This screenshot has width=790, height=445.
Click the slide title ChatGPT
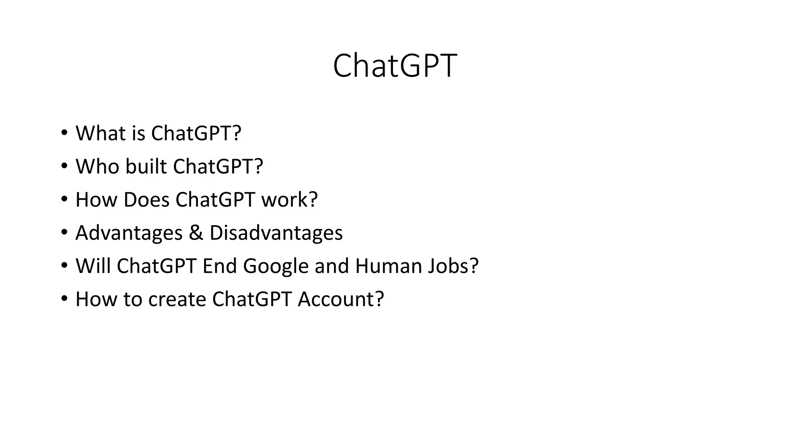click(395, 66)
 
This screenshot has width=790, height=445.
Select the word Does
click(147, 200)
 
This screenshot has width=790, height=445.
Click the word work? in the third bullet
click(290, 200)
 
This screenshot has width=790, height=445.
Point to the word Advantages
click(129, 233)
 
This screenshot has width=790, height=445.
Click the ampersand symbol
click(196, 233)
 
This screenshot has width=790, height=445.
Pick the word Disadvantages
click(276, 233)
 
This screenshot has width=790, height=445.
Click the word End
click(219, 266)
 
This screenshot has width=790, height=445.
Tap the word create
click(177, 299)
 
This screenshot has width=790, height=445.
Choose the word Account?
click(341, 299)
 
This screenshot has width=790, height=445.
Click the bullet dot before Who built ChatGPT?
click(64, 166)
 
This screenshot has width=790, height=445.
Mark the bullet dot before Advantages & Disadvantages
click(64, 233)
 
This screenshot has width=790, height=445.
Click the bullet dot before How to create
click(64, 299)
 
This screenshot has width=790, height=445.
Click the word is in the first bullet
click(138, 133)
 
